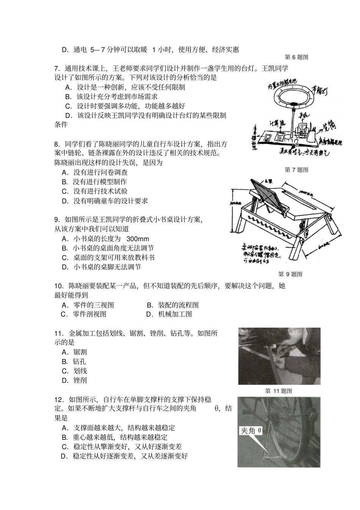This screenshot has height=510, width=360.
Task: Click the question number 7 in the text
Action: click(x=57, y=69)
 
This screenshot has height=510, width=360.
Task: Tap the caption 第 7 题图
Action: click(x=296, y=169)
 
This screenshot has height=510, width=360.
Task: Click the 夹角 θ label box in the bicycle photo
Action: click(x=251, y=430)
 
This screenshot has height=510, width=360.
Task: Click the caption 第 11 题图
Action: click(x=279, y=391)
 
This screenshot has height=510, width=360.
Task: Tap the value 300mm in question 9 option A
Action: click(x=138, y=239)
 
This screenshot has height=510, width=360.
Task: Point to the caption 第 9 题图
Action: click(x=290, y=274)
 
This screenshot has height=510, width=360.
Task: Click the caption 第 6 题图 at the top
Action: click(x=296, y=57)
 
